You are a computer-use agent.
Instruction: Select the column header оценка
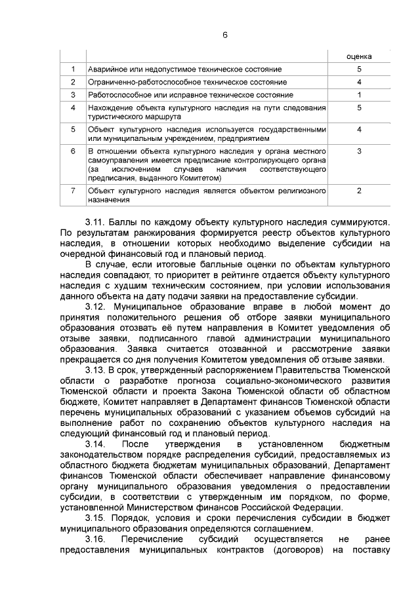[359, 56]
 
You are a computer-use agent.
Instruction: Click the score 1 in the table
[359, 94]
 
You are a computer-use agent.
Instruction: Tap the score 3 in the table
[359, 151]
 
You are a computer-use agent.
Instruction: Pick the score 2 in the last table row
[359, 190]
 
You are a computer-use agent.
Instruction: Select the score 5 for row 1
[359, 69]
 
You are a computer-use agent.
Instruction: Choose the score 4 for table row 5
[359, 129]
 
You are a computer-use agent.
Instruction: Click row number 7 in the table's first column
[73, 190]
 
